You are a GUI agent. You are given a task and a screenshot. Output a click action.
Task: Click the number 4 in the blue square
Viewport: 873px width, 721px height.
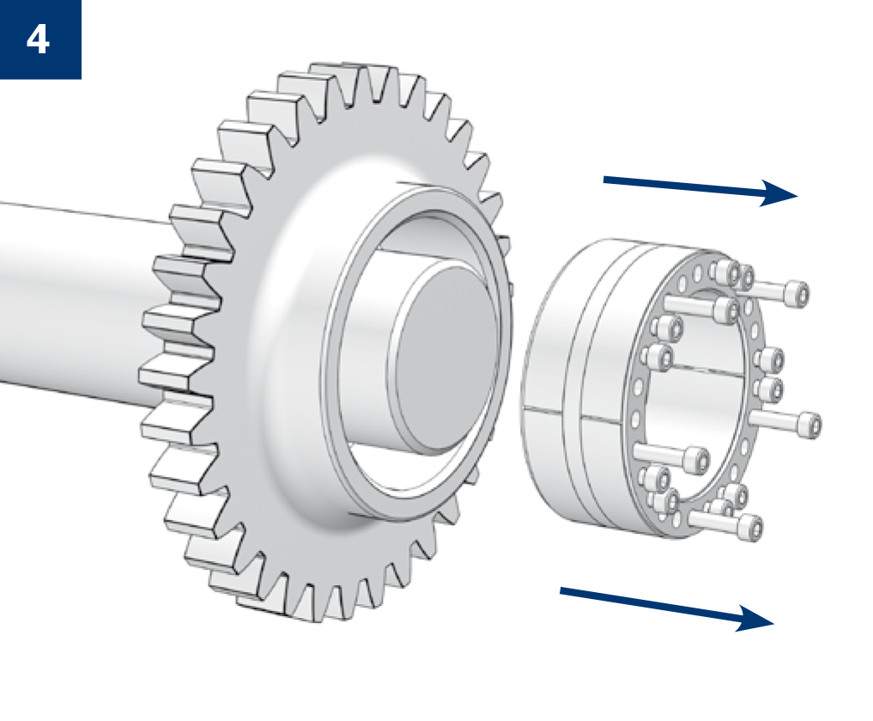coord(38,40)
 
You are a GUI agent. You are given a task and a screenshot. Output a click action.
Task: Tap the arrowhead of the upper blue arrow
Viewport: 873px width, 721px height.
coord(779,193)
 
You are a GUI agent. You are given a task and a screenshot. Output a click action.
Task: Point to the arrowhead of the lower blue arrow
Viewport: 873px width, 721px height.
coord(755,619)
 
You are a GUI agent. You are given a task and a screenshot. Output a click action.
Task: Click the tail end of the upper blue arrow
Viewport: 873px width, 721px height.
coord(604,180)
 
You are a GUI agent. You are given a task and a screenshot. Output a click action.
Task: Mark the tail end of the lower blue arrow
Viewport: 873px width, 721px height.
coord(561,590)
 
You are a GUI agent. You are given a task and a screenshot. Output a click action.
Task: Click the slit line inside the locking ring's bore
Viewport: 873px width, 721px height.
coord(707,370)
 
